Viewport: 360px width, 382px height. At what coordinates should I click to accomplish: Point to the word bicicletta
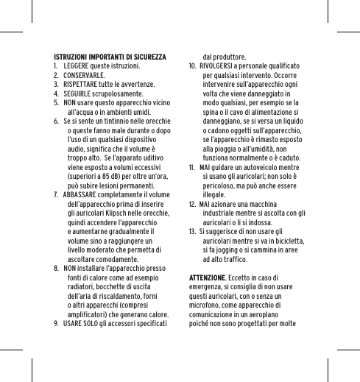282,241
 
